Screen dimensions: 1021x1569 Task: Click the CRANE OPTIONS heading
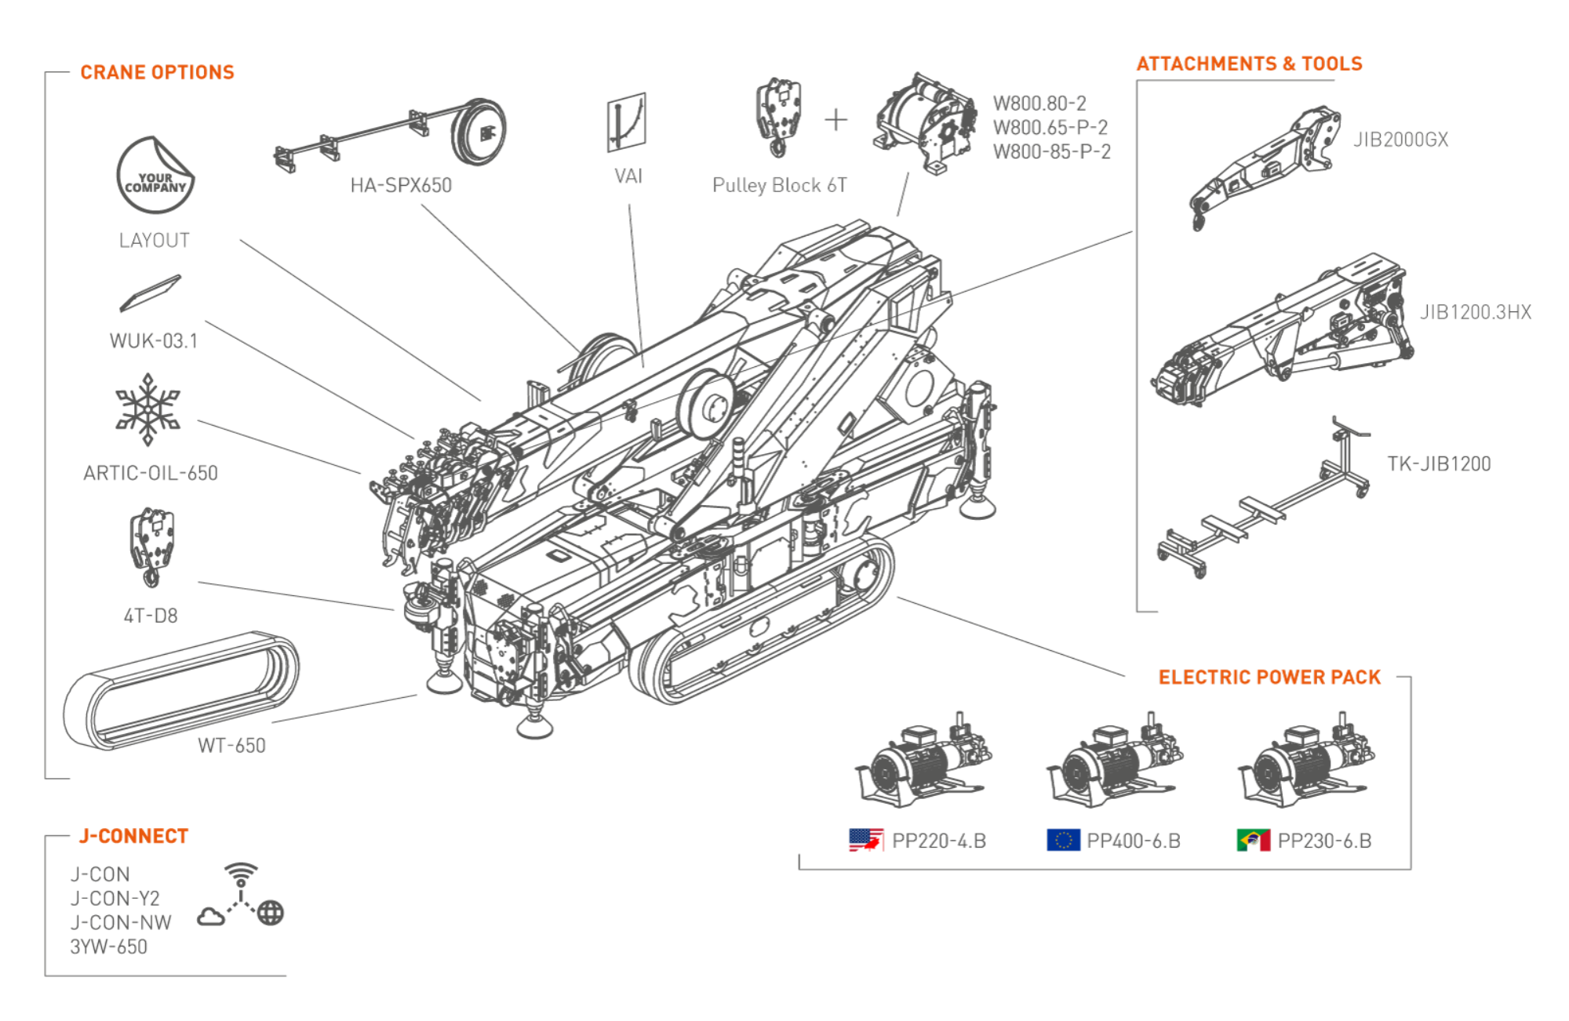pos(157,72)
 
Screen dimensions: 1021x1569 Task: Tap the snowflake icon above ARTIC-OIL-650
pos(147,409)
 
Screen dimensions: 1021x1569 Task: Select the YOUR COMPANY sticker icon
pos(155,176)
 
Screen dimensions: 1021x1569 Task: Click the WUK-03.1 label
pos(153,341)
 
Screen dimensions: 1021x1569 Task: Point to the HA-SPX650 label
pos(401,185)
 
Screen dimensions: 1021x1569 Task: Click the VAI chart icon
pos(626,123)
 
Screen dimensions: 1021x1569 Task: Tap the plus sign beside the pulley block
pos(836,120)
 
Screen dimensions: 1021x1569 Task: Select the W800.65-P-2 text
pos(1050,127)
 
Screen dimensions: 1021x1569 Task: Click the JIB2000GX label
pos(1400,140)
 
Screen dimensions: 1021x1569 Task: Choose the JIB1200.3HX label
pos(1475,312)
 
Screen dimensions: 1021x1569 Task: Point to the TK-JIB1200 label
pos(1439,463)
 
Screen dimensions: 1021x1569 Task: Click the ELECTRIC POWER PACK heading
pos(1269,677)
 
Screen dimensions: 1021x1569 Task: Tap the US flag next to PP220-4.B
pos(866,840)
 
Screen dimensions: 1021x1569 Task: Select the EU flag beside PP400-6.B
pos(1064,840)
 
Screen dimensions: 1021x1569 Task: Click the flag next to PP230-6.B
pos(1254,840)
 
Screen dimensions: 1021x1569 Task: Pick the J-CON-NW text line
pos(121,922)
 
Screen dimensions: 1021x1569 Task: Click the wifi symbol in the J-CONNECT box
pos(241,870)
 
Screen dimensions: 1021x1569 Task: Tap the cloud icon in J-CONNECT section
pos(211,916)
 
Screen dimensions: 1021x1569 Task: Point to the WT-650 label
pos(231,745)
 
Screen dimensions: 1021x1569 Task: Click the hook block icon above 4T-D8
pos(151,546)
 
